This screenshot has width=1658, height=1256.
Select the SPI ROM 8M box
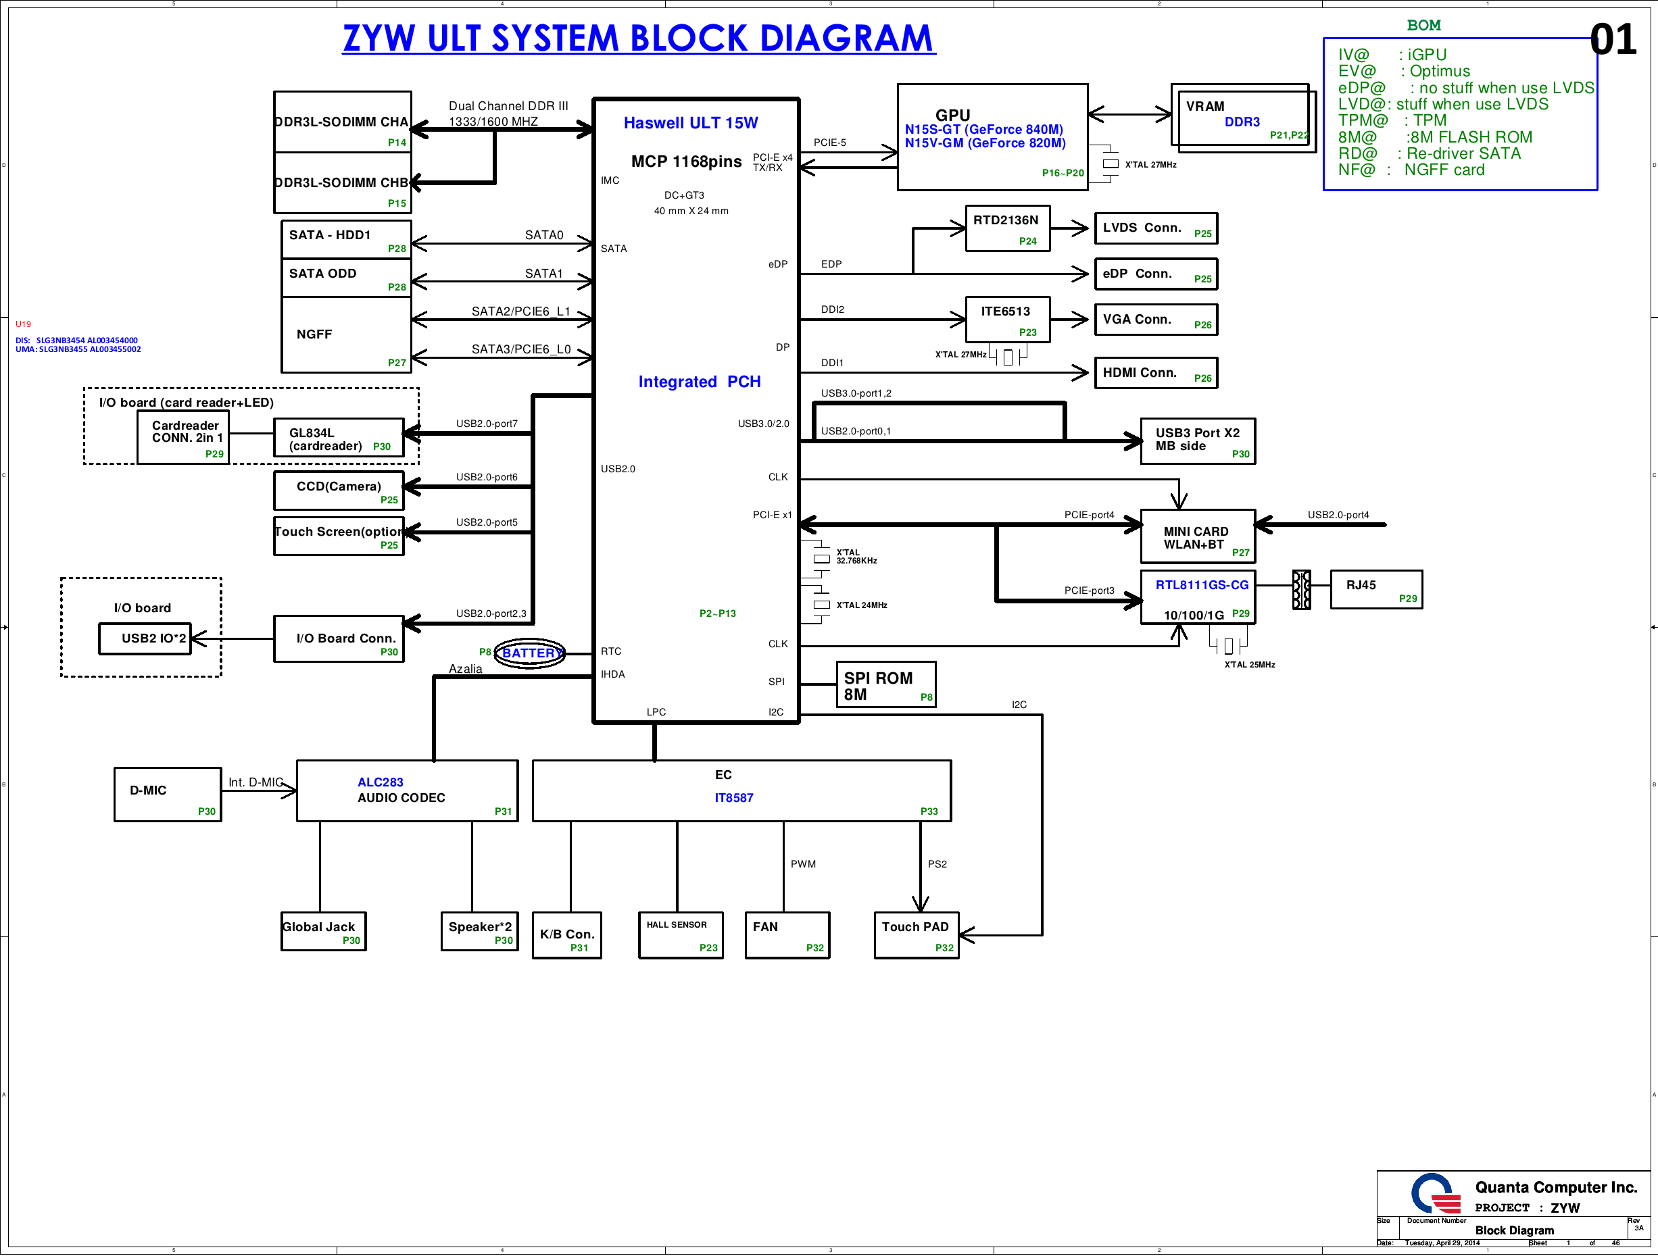[x=885, y=685]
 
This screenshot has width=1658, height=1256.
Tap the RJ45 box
[x=1375, y=590]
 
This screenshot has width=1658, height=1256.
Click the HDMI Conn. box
[x=1155, y=373]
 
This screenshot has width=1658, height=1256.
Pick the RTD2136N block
[x=1006, y=228]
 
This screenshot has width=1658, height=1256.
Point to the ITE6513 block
[x=1006, y=320]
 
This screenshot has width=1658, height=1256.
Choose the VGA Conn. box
[x=1155, y=320]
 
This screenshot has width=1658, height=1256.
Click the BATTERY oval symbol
[x=530, y=653]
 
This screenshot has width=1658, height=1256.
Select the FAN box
[x=787, y=934]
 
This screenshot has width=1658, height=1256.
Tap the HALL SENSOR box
[x=680, y=934]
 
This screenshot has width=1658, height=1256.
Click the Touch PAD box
[x=915, y=934]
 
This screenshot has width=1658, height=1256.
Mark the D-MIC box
[x=167, y=795]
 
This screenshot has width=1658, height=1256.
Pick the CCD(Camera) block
[x=339, y=491]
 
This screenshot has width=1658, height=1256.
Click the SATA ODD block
[x=345, y=278]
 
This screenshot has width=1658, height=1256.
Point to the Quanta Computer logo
[x=1435, y=1193]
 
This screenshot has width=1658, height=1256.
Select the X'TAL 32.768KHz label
[x=856, y=557]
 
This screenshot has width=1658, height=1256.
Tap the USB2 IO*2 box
[x=145, y=638]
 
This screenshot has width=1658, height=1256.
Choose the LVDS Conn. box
[x=1155, y=228]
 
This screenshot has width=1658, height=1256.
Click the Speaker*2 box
[x=479, y=931]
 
